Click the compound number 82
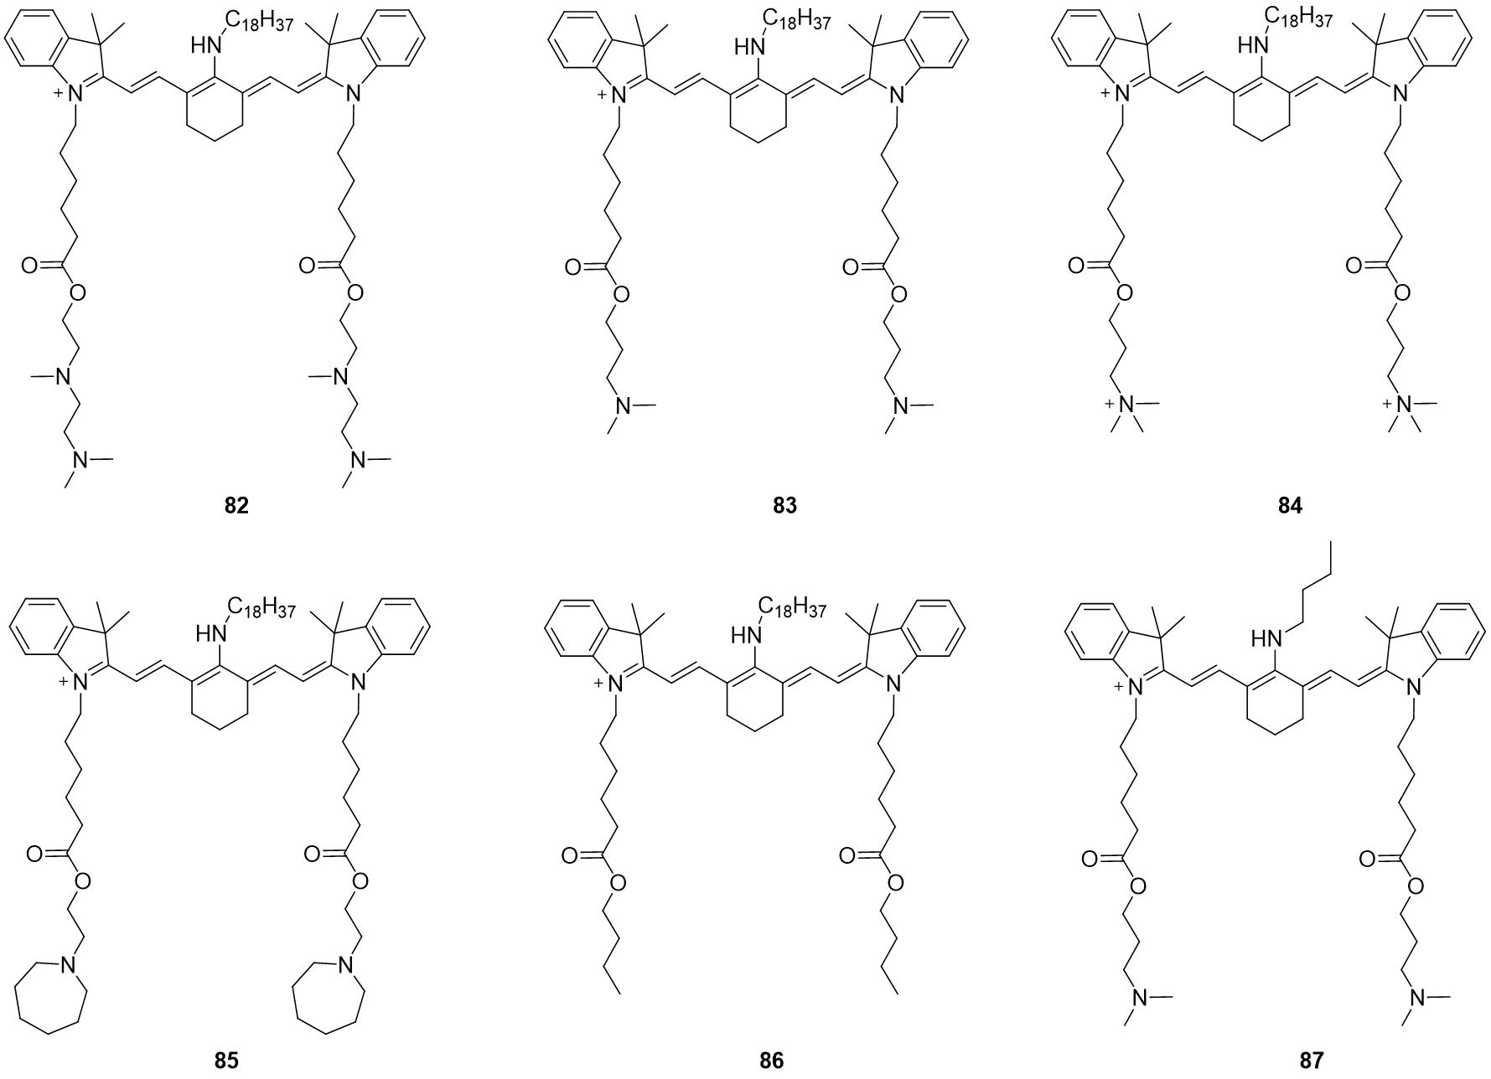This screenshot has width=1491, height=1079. [237, 506]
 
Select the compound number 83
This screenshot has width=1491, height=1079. [785, 506]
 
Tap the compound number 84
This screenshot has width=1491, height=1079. [1291, 506]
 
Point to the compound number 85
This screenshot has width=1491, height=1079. [226, 1061]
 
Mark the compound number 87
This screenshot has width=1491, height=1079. [1312, 1061]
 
